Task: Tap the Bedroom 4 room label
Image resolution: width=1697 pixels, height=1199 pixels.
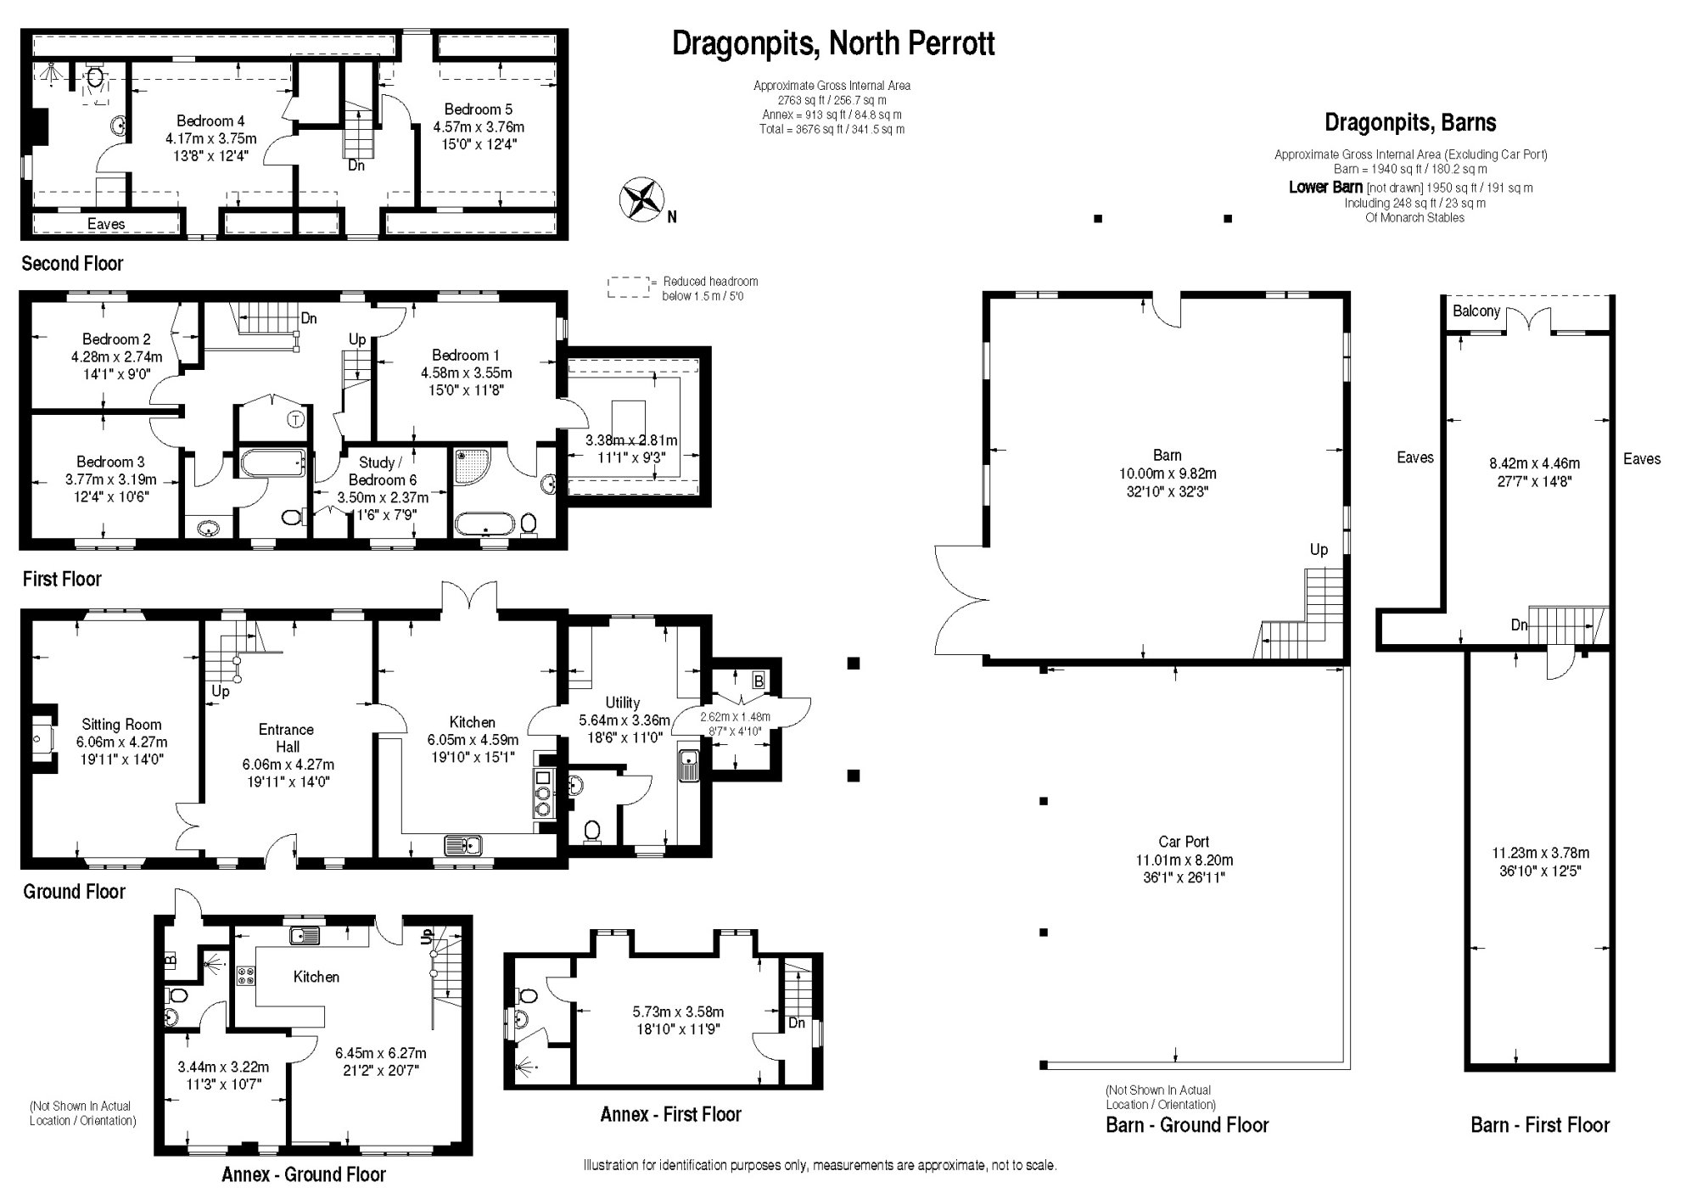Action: pyautogui.click(x=210, y=121)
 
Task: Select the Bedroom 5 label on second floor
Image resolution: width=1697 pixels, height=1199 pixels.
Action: pyautogui.click(x=479, y=109)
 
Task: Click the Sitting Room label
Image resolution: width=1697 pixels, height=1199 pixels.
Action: pyautogui.click(x=121, y=725)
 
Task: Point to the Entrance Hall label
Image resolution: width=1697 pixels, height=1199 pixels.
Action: pyautogui.click(x=287, y=738)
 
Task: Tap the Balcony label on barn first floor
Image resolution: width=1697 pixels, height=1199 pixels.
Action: pyautogui.click(x=1476, y=311)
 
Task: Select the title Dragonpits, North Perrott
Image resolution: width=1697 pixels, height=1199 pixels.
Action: pyautogui.click(x=833, y=43)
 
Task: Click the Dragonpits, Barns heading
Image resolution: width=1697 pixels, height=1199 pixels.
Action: pyautogui.click(x=1410, y=122)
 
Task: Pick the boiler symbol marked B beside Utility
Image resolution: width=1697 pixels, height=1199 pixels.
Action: pyautogui.click(x=759, y=681)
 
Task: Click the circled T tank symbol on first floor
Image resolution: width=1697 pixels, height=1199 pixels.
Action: pyautogui.click(x=295, y=419)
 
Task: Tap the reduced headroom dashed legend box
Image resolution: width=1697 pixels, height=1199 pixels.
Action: pyautogui.click(x=628, y=288)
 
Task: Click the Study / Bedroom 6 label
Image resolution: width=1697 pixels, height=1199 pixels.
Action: pyautogui.click(x=377, y=471)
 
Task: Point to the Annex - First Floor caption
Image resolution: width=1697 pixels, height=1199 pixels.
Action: pyautogui.click(x=670, y=1114)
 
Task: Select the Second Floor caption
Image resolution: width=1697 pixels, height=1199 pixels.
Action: pyautogui.click(x=72, y=264)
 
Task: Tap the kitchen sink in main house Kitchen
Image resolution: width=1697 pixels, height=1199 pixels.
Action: pyautogui.click(x=462, y=844)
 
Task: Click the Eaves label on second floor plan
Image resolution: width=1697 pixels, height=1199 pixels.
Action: pyautogui.click(x=106, y=224)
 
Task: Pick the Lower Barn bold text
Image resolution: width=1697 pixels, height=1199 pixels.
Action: pyautogui.click(x=1325, y=188)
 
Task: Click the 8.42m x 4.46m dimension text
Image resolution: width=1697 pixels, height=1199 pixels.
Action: pyautogui.click(x=1534, y=463)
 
